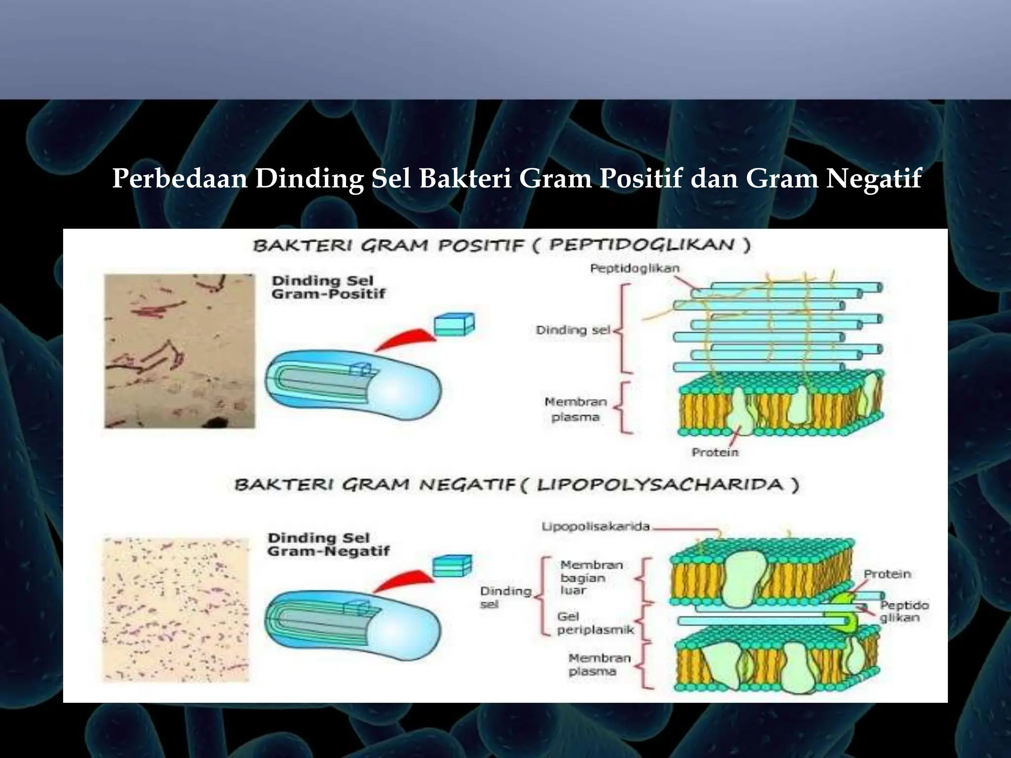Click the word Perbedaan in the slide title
(180, 179)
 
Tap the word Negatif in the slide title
(873, 179)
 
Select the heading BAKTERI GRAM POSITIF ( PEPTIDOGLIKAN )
(502, 245)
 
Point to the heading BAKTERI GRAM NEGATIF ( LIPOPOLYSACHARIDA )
(516, 485)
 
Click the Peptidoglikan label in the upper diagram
(635, 268)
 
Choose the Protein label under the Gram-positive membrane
(715, 452)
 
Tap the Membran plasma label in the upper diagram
(576, 409)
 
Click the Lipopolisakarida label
(595, 527)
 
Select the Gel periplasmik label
(595, 623)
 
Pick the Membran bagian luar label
(591, 577)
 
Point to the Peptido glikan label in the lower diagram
(904, 611)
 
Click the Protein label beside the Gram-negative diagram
(887, 574)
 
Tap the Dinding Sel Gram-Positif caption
(328, 287)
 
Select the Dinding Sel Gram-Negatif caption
(328, 544)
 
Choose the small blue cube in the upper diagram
(454, 324)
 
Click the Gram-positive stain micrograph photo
(180, 351)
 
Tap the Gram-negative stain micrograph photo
(176, 610)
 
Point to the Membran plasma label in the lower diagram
(599, 665)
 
